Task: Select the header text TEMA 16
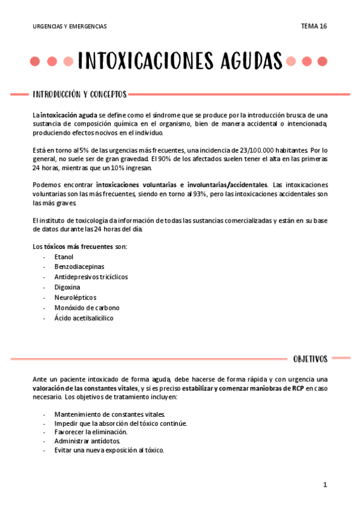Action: coord(314,26)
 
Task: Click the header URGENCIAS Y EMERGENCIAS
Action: coord(70,26)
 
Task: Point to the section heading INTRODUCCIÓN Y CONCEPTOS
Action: coord(79,94)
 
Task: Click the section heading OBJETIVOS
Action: coord(310,359)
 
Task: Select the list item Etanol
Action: coord(64,257)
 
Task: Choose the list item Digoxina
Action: coord(67,287)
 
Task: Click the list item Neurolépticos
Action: coord(75,298)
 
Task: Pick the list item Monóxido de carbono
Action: coord(87,308)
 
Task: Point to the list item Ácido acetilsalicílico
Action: coord(84,318)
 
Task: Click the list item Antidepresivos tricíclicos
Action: coord(91,277)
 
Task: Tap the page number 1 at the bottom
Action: coord(325,485)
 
